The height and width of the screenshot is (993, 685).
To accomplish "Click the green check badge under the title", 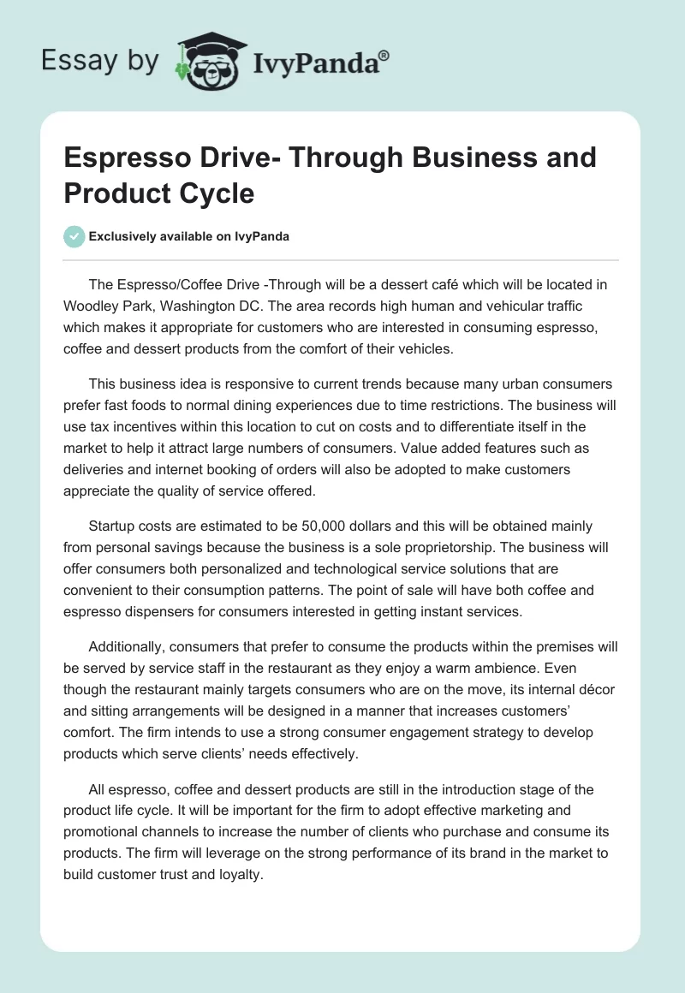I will pyautogui.click(x=74, y=236).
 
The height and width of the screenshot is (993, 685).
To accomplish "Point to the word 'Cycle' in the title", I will pyautogui.click(x=215, y=193).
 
